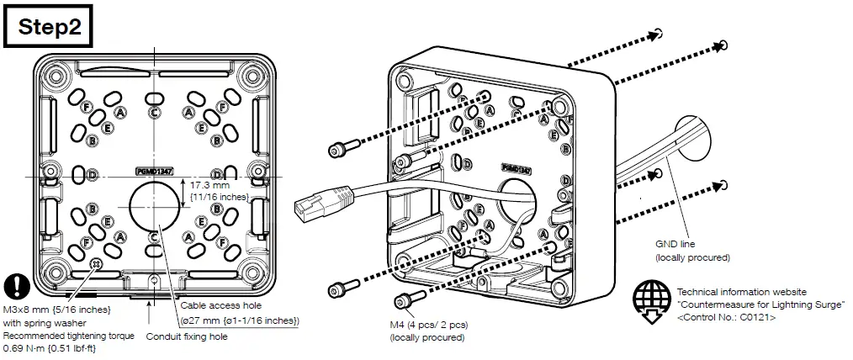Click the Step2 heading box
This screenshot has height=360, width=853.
click(51, 26)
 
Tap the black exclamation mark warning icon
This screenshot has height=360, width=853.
click(16, 284)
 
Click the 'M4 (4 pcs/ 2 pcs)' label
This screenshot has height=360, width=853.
click(430, 326)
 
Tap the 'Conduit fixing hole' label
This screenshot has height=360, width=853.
click(188, 336)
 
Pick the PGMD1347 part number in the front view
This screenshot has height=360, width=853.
click(154, 171)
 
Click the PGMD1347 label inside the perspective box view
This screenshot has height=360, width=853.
click(516, 168)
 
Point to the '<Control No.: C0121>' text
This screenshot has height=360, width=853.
click(726, 318)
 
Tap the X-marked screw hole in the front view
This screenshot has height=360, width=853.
click(95, 263)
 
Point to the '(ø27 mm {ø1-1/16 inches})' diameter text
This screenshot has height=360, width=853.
click(240, 320)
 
